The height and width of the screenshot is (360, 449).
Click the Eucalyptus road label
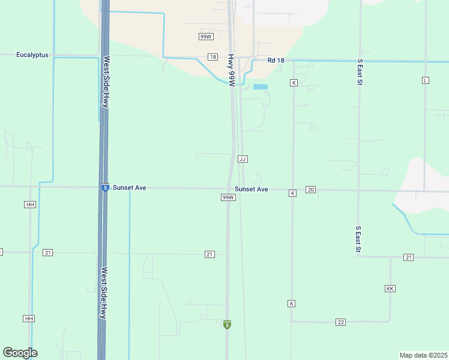[x=32, y=55]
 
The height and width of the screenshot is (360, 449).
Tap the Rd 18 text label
[x=276, y=60]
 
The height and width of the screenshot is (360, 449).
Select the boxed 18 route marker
[x=213, y=57]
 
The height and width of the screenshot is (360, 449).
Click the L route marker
[x=426, y=80]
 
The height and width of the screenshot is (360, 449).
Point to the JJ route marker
[x=243, y=159]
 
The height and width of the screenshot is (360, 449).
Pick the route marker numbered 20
[x=310, y=190]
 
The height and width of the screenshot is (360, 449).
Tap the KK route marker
[x=390, y=289]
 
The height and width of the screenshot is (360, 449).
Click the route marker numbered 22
[x=340, y=322]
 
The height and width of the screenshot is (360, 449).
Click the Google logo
[x=20, y=353]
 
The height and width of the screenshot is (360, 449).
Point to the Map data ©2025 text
[x=424, y=355]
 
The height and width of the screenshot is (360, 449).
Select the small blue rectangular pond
[x=260, y=87]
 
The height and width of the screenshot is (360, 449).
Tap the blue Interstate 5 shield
[x=105, y=188]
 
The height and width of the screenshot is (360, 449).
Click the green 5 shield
[x=226, y=325]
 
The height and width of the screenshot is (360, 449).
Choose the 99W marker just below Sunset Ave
[x=228, y=197]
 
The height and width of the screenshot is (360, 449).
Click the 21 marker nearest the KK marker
[x=408, y=257]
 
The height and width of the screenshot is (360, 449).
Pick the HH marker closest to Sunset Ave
[x=30, y=205]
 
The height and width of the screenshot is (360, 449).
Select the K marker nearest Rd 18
[x=294, y=82]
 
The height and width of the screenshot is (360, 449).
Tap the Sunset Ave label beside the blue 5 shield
[x=130, y=188]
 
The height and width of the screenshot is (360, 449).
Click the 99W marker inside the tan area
[x=206, y=37]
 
